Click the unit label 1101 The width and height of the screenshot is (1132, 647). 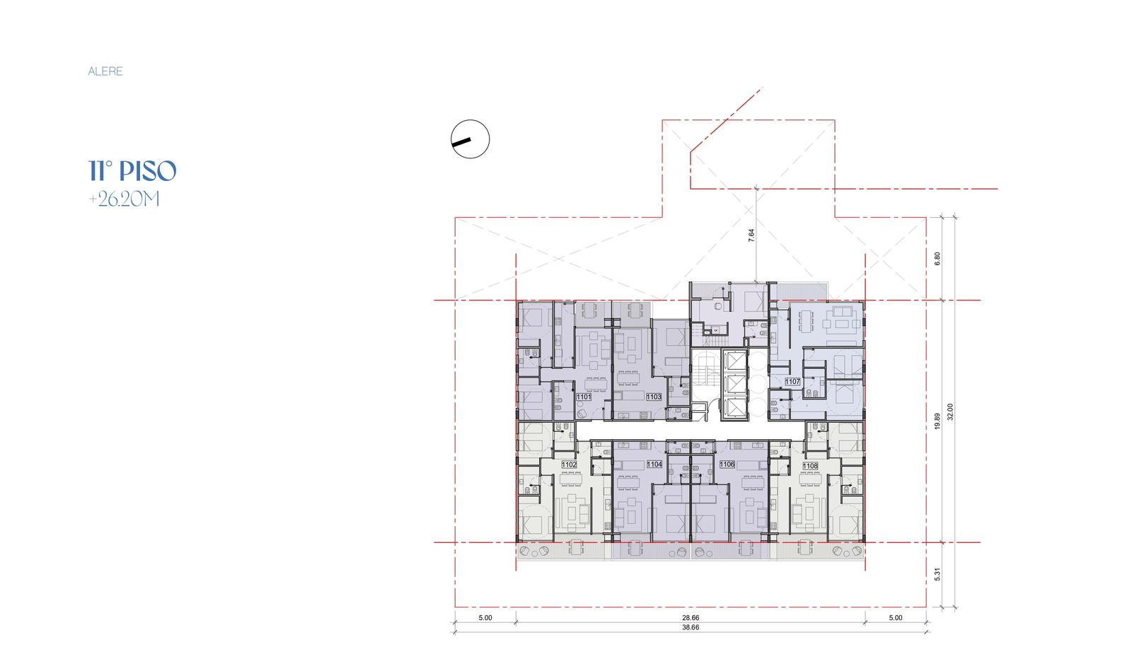584,397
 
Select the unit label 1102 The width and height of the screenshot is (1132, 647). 569,465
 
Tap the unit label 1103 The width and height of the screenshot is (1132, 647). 654,397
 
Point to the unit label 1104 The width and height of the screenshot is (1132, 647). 654,464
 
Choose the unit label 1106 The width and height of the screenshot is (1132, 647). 727,464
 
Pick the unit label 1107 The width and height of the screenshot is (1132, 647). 792,382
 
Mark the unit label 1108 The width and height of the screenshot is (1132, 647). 810,466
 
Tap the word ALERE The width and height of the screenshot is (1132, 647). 105,71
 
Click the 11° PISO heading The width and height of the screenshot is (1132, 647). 132,170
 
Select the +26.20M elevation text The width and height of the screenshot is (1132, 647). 125,199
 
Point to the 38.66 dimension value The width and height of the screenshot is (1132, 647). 691,628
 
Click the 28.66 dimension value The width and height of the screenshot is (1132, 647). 691,618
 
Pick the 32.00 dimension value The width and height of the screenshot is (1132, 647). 950,412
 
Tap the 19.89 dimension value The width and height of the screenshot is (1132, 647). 937,421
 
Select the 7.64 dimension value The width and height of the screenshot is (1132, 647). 751,235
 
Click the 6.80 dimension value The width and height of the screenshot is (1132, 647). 937,259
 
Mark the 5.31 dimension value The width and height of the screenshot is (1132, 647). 937,575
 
